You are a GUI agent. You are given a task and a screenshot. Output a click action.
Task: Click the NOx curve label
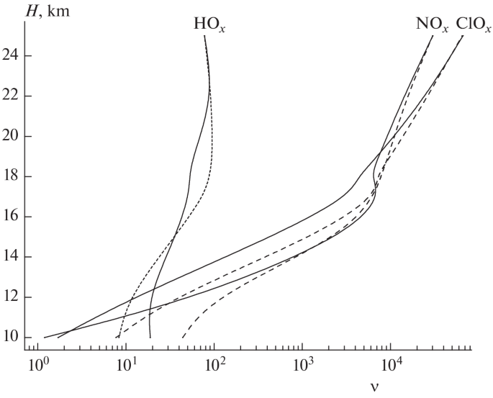(x=432, y=24)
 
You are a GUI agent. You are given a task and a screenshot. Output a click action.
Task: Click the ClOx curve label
(x=471, y=24)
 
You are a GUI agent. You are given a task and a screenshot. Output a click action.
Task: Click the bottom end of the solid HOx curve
(x=150, y=337)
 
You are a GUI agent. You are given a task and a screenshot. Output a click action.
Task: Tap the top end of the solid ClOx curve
(x=462, y=36)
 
